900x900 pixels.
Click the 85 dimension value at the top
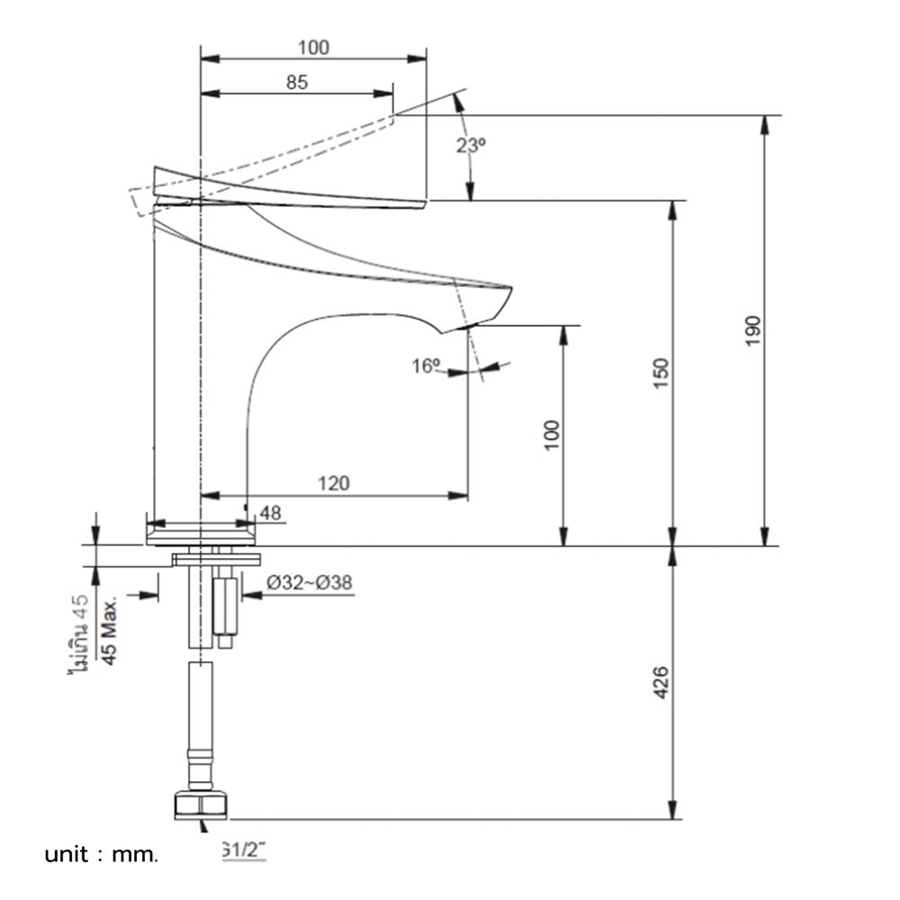[297, 82]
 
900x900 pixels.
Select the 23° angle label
[470, 145]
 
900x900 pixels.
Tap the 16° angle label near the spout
[426, 365]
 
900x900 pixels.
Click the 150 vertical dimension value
[661, 373]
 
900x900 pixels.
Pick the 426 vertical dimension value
[661, 683]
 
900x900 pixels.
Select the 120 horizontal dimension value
[334, 483]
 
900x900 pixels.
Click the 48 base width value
[270, 513]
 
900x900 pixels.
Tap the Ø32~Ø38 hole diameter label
[309, 583]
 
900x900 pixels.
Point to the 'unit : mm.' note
[101, 854]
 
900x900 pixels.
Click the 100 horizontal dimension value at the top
[312, 47]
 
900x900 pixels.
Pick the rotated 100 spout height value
[552, 435]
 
